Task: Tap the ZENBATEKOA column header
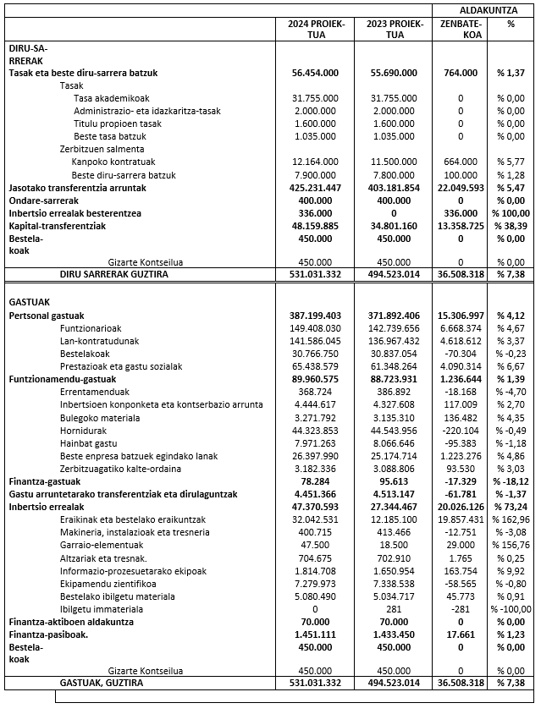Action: [461, 30]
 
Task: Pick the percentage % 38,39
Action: [511, 225]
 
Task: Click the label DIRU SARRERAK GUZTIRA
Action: [113, 274]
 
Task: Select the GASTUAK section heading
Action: [29, 301]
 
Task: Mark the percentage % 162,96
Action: [511, 519]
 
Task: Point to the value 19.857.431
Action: [461, 519]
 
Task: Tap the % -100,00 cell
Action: [511, 608]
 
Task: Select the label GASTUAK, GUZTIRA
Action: [101, 682]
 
